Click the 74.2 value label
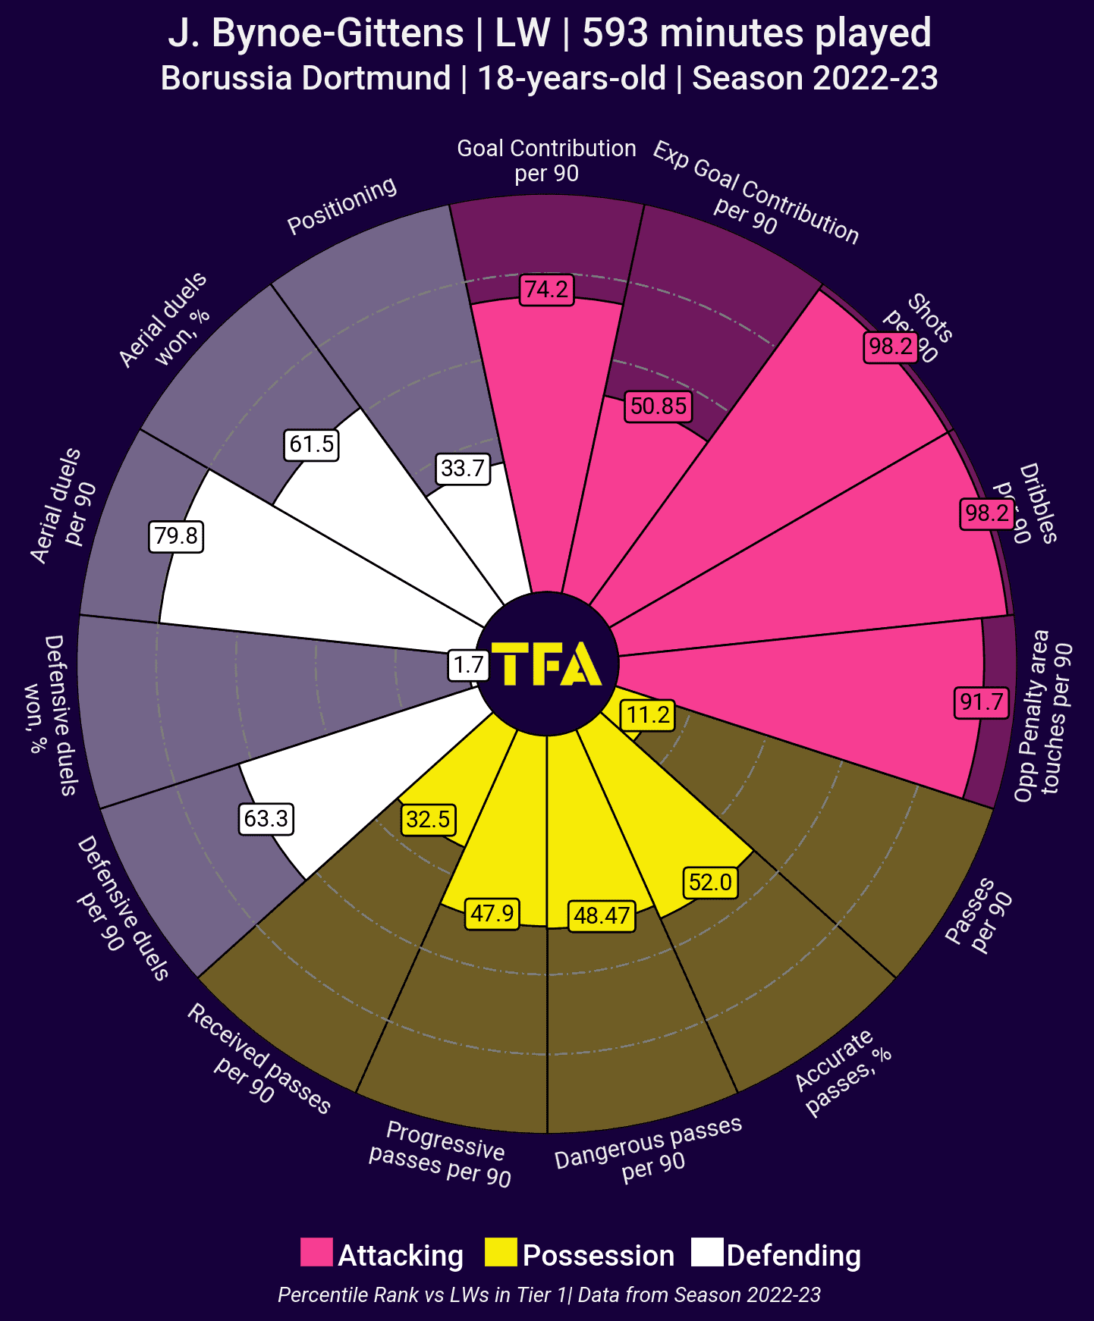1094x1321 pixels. [546, 290]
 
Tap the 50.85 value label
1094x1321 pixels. [659, 406]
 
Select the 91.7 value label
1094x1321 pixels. [982, 701]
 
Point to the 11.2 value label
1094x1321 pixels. [648, 715]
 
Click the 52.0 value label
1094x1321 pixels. [710, 883]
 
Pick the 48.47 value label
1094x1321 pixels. [602, 916]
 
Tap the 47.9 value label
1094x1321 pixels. [492, 914]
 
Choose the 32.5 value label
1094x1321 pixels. [428, 820]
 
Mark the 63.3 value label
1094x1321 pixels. [266, 819]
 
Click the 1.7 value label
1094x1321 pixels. [468, 665]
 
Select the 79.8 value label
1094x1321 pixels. [176, 536]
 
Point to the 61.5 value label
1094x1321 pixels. [312, 444]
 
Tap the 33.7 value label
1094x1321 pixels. [463, 469]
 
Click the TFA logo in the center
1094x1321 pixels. [547, 664]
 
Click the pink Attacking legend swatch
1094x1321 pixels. [316, 1252]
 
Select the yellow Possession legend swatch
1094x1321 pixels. [501, 1252]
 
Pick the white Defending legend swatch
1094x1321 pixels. [707, 1252]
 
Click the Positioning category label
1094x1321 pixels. [342, 205]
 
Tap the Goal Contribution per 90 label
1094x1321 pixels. [546, 160]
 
